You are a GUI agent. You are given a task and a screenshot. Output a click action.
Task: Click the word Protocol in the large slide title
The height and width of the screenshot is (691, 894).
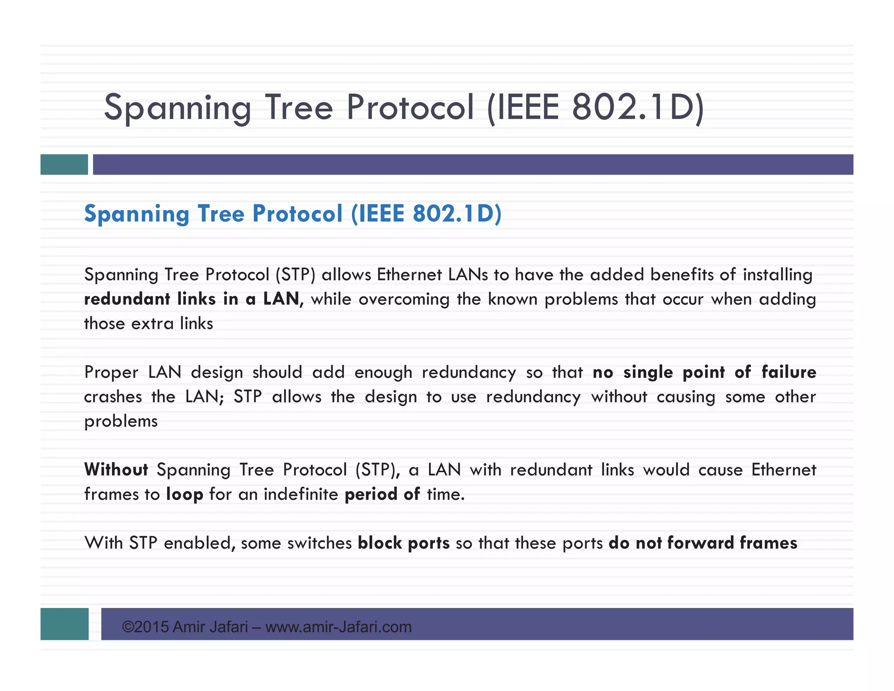point(410,108)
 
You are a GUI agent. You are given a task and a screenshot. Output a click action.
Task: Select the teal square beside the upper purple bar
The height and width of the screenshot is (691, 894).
point(64,165)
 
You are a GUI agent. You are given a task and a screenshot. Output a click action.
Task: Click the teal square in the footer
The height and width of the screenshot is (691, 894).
point(64,624)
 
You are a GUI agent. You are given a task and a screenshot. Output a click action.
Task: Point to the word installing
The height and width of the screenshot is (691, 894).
point(777,275)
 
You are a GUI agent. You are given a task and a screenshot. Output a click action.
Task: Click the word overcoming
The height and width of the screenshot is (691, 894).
point(404,300)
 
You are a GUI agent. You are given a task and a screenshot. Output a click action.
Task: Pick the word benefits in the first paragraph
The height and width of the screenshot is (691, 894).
point(681,275)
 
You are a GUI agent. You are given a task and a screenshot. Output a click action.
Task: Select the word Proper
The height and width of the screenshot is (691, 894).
point(111,373)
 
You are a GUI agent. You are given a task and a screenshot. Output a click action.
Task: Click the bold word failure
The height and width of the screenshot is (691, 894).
point(788,372)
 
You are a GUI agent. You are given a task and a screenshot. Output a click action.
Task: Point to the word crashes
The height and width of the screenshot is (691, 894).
point(113,397)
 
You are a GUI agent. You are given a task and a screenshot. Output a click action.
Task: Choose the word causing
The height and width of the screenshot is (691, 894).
point(686,397)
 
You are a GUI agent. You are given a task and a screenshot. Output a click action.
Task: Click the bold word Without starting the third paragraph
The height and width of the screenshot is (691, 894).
point(116,470)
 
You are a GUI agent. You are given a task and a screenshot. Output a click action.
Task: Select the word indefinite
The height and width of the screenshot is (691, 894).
point(301,494)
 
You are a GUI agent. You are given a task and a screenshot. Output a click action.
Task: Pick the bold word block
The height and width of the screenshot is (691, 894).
point(380,543)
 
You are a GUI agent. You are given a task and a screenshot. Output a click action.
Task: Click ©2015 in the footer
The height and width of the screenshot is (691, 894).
point(145,627)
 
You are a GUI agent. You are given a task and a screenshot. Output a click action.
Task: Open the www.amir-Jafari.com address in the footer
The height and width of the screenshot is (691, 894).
point(338,627)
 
